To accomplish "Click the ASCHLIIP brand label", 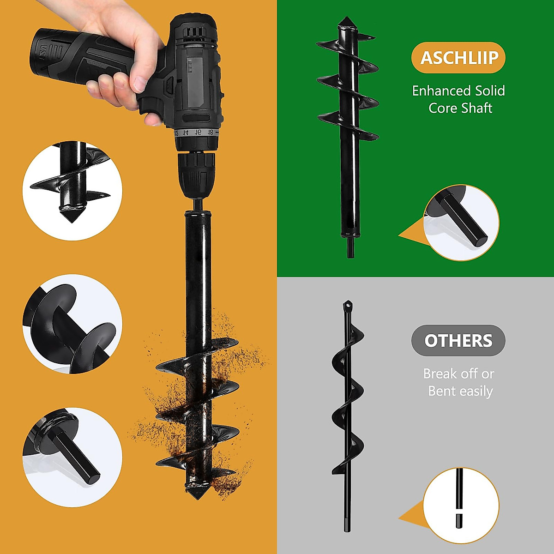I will click(458, 58).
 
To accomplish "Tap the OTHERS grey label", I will click(458, 341).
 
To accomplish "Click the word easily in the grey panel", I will click(476, 391).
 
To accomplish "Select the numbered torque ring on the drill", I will click(196, 132).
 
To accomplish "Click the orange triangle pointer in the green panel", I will click(409, 236).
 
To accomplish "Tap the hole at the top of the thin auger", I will click(348, 305).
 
